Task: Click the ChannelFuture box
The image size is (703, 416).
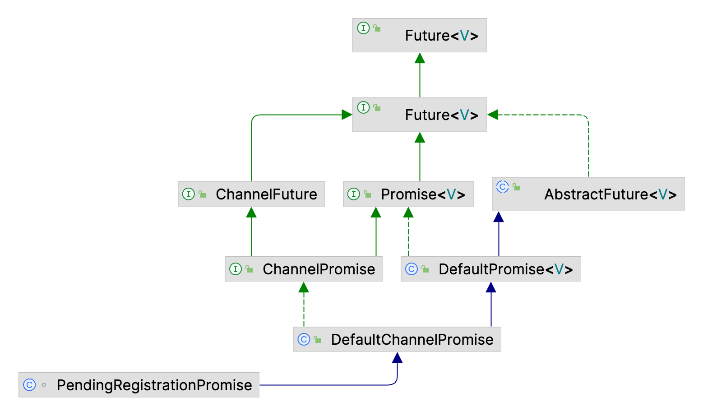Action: click(x=251, y=194)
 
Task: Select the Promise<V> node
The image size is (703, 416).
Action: click(x=408, y=194)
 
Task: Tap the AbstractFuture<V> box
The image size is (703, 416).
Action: click(x=588, y=194)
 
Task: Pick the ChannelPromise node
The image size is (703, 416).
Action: click(x=304, y=269)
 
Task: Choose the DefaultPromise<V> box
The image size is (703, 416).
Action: click(x=491, y=269)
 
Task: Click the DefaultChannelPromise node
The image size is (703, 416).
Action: click(x=397, y=339)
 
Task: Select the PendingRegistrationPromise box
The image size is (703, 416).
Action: click(x=139, y=385)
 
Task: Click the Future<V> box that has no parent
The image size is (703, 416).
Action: click(x=420, y=35)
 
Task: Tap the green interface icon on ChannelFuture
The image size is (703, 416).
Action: click(x=188, y=194)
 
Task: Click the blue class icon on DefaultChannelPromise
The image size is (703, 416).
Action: click(x=304, y=339)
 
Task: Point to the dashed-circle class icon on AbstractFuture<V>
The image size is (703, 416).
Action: click(x=503, y=187)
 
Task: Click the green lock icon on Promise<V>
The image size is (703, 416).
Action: click(x=367, y=194)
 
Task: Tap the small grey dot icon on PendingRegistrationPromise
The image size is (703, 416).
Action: click(x=44, y=384)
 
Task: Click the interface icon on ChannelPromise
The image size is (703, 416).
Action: click(x=236, y=269)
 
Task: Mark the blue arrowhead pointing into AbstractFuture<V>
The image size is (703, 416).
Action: click(x=499, y=217)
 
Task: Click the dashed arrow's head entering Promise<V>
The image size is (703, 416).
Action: click(x=408, y=212)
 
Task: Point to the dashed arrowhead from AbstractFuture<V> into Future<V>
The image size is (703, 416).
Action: click(x=493, y=115)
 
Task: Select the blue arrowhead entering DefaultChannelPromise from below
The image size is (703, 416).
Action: click(x=397, y=357)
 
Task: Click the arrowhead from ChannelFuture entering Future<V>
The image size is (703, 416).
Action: click(x=347, y=115)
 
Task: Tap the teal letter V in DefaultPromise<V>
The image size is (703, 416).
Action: click(x=559, y=269)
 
